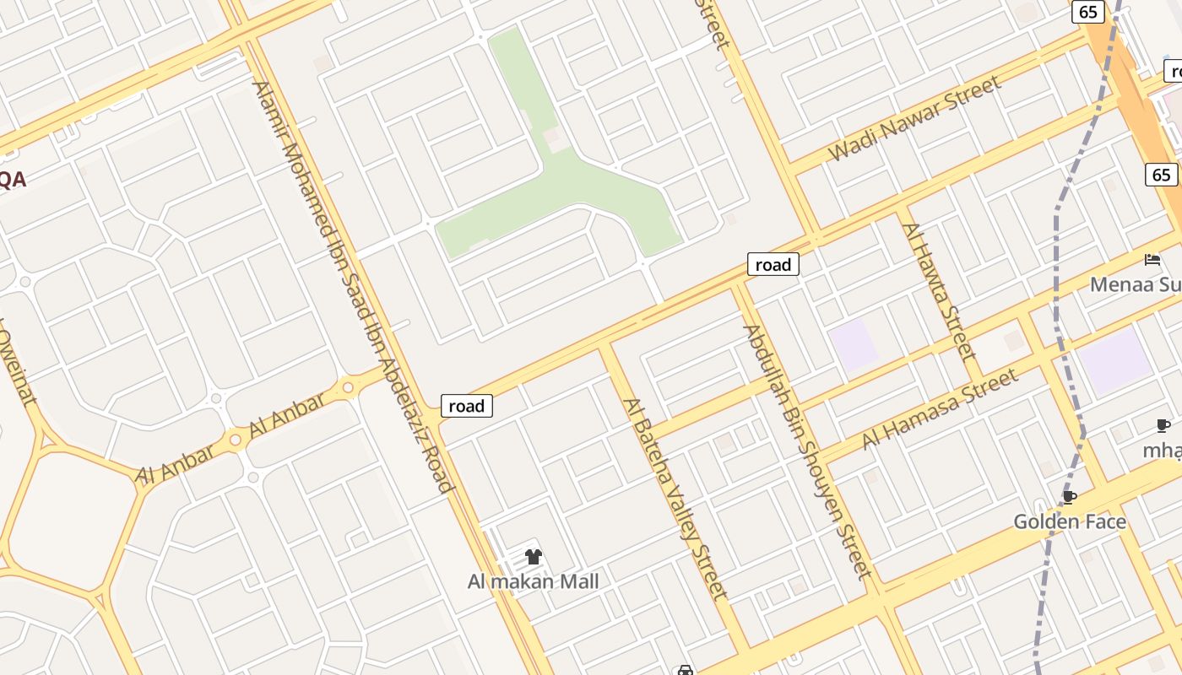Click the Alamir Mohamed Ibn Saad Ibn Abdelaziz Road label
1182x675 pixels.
(355, 287)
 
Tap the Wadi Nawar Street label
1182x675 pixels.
(915, 118)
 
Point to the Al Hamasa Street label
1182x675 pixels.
(939, 410)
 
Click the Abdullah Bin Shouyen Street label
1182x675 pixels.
(806, 451)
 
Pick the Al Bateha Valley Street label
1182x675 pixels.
(675, 498)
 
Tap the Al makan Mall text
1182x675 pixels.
(534, 581)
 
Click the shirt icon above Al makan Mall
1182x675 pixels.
(534, 557)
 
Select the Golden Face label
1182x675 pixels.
(1070, 521)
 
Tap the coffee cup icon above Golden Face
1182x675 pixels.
(1070, 497)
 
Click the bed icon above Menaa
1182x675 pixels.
(1152, 260)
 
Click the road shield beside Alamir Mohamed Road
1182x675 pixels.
(467, 406)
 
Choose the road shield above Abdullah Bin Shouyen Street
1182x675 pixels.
(773, 265)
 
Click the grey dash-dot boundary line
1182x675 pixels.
(1056, 253)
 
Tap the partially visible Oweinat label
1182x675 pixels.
(15, 367)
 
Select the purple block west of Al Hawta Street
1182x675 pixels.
(853, 344)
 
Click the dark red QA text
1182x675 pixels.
(13, 179)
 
